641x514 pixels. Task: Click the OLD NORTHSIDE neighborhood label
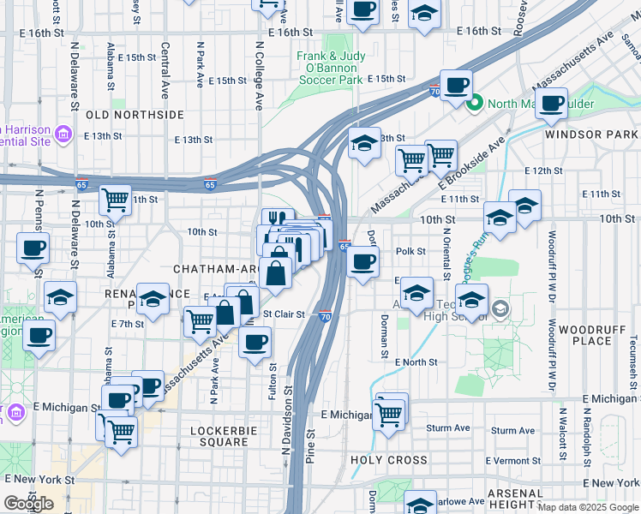pyautogui.click(x=135, y=114)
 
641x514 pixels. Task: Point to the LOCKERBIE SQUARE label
pyautogui.click(x=207, y=436)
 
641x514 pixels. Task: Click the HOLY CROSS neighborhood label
pyautogui.click(x=383, y=460)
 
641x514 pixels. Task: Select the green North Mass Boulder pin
pyautogui.click(x=475, y=105)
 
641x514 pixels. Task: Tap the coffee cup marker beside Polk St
pyautogui.click(x=363, y=261)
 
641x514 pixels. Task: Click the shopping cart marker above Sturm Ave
pyautogui.click(x=390, y=415)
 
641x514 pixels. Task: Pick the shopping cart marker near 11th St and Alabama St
pyautogui.click(x=115, y=200)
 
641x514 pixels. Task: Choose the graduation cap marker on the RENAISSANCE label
pyautogui.click(x=153, y=300)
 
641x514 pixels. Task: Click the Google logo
pyautogui.click(x=29, y=504)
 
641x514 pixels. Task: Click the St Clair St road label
pyautogui.click(x=284, y=314)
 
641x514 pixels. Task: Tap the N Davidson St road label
pyautogui.click(x=287, y=419)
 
